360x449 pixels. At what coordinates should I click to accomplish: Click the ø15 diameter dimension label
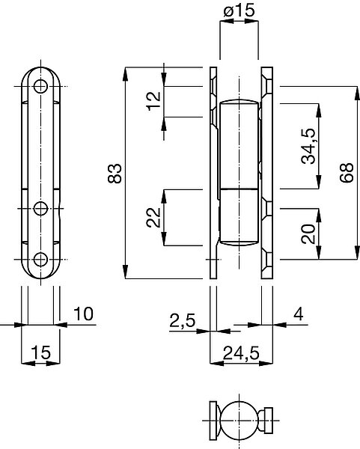pyautogui.click(x=239, y=11)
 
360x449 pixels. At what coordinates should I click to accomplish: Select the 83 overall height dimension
pyautogui.click(x=115, y=174)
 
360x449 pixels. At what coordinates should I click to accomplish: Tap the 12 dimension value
pyautogui.click(x=153, y=101)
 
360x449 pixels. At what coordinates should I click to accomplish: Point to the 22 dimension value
pyautogui.click(x=153, y=217)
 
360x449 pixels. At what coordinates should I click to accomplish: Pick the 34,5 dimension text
pyautogui.click(x=308, y=146)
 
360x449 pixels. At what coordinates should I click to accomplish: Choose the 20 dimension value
pyautogui.click(x=308, y=234)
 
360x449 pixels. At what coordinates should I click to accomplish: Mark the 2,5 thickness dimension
pyautogui.click(x=182, y=320)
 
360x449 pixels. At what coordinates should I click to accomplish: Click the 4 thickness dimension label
pyautogui.click(x=299, y=314)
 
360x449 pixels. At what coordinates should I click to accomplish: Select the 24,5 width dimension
pyautogui.click(x=241, y=353)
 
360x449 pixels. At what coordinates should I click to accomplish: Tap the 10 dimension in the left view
pyautogui.click(x=84, y=314)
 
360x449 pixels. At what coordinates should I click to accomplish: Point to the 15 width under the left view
pyautogui.click(x=41, y=352)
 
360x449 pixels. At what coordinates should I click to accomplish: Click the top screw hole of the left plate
pyautogui.click(x=40, y=86)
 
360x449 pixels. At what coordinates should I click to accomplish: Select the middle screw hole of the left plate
pyautogui.click(x=40, y=209)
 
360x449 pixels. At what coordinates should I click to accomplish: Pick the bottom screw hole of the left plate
pyautogui.click(x=40, y=260)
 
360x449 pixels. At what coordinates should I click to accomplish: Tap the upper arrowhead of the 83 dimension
pyautogui.click(x=125, y=74)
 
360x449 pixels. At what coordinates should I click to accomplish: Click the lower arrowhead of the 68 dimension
pyautogui.click(x=357, y=253)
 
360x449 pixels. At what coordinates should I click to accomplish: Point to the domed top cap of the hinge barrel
pyautogui.click(x=239, y=102)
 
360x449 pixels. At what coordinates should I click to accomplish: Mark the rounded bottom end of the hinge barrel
pyautogui.click(x=239, y=242)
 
